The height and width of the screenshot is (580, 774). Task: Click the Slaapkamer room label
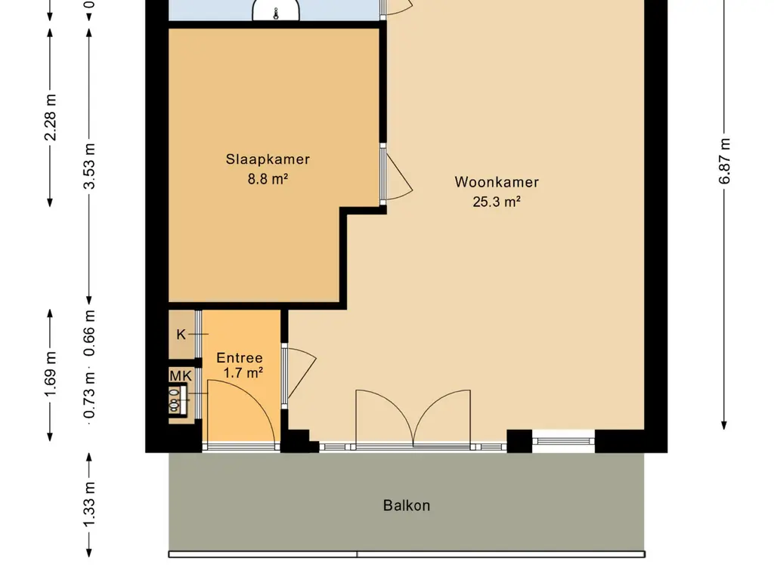pyautogui.click(x=268, y=159)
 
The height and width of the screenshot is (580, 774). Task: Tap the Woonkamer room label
pyautogui.click(x=497, y=182)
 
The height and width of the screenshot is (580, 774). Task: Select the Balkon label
pyautogui.click(x=407, y=505)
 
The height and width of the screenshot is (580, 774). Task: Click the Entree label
pyautogui.click(x=240, y=357)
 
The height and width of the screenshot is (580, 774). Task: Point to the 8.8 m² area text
pyautogui.click(x=268, y=178)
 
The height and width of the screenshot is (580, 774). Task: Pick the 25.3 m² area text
pyautogui.click(x=497, y=202)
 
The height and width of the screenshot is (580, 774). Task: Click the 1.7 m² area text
pyautogui.click(x=243, y=373)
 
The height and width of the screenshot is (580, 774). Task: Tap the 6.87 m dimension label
pyautogui.click(x=724, y=161)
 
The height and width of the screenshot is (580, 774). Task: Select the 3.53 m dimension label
pyautogui.click(x=89, y=166)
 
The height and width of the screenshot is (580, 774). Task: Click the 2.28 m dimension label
pyautogui.click(x=51, y=117)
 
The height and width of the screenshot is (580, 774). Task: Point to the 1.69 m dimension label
pyautogui.click(x=51, y=373)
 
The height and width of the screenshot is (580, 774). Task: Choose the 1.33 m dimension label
pyautogui.click(x=89, y=504)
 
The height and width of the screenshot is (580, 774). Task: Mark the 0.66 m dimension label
pyautogui.click(x=89, y=333)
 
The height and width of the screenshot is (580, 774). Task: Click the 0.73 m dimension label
pyautogui.click(x=89, y=395)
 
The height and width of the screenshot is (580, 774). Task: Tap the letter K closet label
pyautogui.click(x=181, y=335)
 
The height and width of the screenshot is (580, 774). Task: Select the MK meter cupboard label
pyautogui.click(x=181, y=376)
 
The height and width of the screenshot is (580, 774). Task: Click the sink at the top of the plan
pyautogui.click(x=276, y=11)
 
